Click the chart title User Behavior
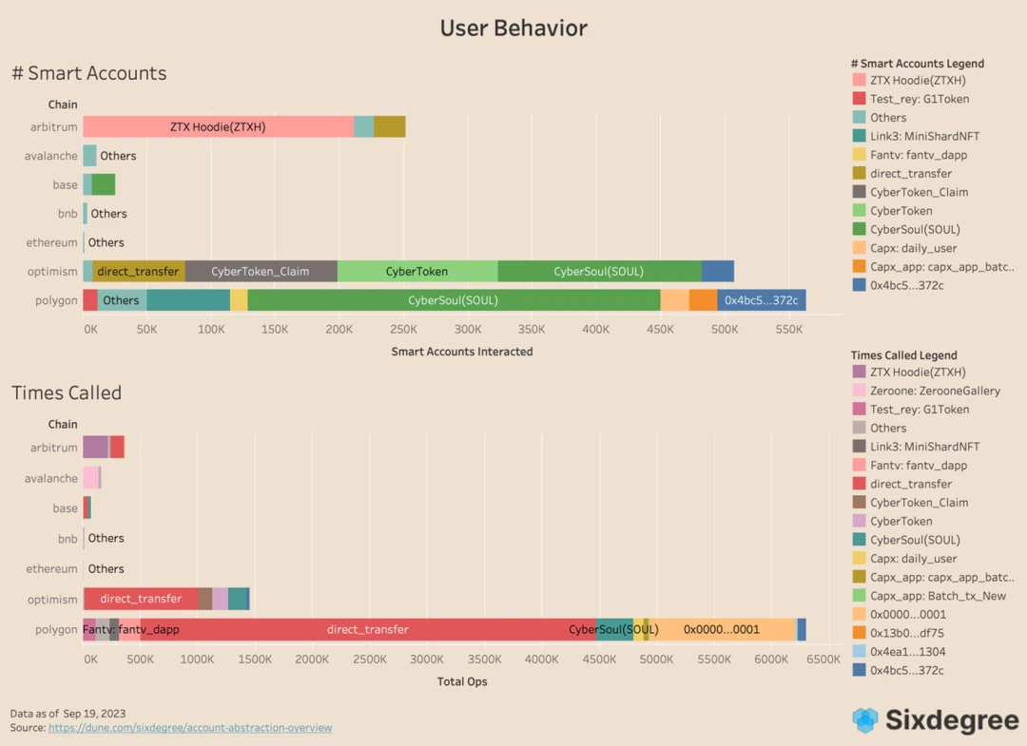[513, 29]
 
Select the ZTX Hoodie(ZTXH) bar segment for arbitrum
[218, 126]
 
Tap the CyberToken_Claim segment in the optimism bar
[261, 271]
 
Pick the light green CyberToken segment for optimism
[417, 271]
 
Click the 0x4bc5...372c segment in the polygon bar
[761, 300]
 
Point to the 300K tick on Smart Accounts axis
[468, 330]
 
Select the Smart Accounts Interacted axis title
[462, 352]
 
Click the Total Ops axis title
[462, 681]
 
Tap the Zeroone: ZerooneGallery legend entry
[934, 391]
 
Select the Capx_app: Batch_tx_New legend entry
[937, 596]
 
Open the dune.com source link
[190, 728]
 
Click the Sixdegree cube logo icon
[865, 720]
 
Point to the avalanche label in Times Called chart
[51, 478]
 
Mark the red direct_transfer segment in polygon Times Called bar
[367, 629]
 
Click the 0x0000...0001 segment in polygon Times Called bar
[722, 629]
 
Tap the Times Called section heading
[67, 392]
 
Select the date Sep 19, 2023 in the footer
[94, 713]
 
